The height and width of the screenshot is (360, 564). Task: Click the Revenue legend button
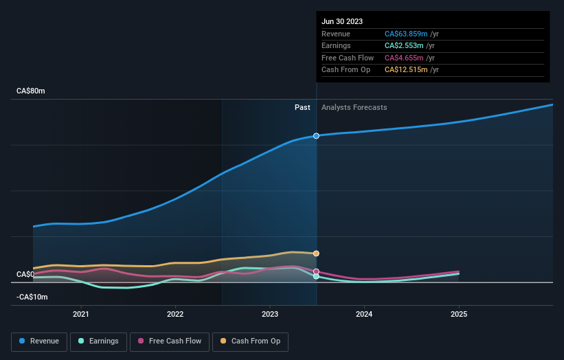tap(39, 341)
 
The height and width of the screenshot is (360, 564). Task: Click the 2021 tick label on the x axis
tap(81, 315)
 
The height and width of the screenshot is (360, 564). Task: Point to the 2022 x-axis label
tap(175, 315)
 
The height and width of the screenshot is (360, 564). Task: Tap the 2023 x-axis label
tap(270, 315)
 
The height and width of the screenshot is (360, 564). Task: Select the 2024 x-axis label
tap(364, 315)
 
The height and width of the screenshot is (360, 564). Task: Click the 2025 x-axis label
tap(459, 315)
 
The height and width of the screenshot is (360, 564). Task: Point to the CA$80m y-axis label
tap(32, 91)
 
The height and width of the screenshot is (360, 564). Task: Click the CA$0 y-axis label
tap(25, 274)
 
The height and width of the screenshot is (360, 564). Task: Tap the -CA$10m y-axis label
tap(33, 297)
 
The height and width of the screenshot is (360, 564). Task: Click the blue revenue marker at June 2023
tap(316, 136)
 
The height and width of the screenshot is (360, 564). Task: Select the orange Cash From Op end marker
tap(316, 254)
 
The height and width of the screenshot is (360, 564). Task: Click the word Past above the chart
tap(302, 107)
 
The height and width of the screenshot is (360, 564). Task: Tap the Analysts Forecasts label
tap(354, 107)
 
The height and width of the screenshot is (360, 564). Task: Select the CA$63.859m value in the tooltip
tap(405, 34)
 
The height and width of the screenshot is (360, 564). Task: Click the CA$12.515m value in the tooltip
tap(405, 70)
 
